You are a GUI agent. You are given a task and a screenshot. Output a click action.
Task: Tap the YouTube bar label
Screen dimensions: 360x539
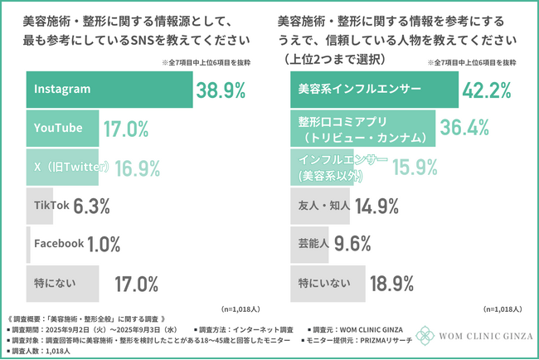(58, 128)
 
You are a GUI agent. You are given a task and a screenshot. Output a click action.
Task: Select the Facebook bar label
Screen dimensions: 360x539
(59, 243)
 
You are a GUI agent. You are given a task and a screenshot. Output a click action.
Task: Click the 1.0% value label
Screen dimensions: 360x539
(104, 243)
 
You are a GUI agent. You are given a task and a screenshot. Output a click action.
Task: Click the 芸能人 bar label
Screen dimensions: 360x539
(315, 243)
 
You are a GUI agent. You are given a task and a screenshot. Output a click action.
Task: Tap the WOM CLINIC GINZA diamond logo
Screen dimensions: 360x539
(427, 336)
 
